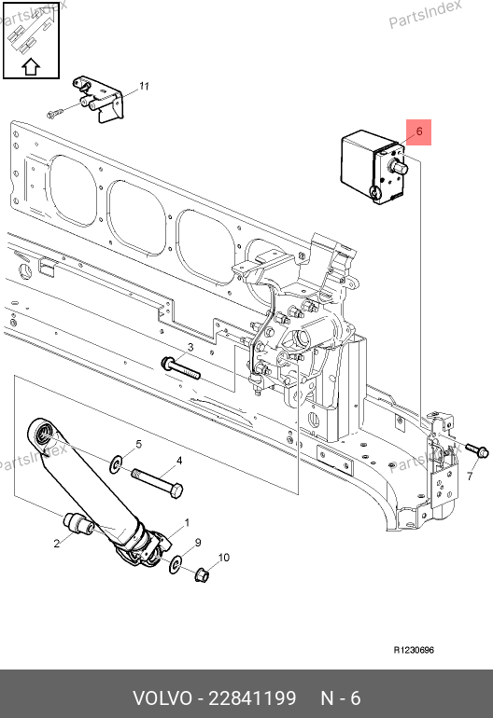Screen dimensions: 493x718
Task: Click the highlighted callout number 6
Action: pos(419,131)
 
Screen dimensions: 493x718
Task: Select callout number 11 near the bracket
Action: pos(145,86)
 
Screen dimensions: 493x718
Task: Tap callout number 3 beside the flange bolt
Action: pos(190,348)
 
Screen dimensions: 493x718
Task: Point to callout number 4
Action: pos(179,461)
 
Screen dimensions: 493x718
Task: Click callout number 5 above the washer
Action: pos(138,444)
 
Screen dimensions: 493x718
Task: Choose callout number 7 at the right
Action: pos(470,476)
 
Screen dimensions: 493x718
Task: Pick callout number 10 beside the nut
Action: pos(223,558)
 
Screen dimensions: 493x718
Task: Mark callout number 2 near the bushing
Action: pos(56,544)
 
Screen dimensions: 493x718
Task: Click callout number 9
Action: pos(198,543)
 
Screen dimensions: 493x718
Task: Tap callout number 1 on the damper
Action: pos(187,522)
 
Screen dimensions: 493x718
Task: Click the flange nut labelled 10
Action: pos(203,574)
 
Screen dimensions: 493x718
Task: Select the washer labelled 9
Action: pos(175,564)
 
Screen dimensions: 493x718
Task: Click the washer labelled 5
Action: pos(116,464)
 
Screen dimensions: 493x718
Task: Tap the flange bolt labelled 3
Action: pos(181,368)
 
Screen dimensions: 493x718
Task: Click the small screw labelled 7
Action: pos(477,450)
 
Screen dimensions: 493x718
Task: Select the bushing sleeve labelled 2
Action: pos(78,523)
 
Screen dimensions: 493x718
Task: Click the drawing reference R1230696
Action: pos(414,650)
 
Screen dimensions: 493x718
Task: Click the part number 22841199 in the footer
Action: pos(252,698)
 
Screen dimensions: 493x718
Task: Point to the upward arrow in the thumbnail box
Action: pos(31,66)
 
